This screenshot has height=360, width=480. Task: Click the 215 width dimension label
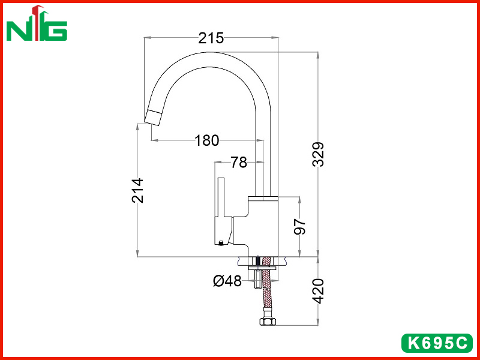[x=211, y=38]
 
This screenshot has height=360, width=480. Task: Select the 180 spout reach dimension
[x=207, y=141]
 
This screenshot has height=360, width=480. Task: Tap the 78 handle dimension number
[x=239, y=162]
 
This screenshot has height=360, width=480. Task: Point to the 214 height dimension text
[x=138, y=190]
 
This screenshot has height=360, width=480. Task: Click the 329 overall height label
[x=318, y=154]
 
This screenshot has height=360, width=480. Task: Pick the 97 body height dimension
[x=300, y=227]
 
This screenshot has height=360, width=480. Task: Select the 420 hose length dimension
[x=319, y=291]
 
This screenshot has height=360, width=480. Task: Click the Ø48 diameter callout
[x=227, y=281]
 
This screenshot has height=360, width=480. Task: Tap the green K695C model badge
[x=437, y=343]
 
